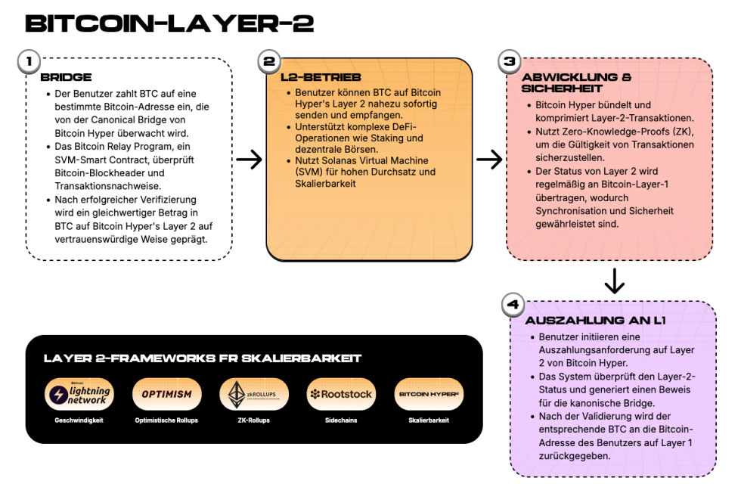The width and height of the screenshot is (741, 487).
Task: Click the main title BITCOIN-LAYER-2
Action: coord(169,23)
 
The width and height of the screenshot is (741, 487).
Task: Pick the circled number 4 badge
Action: coord(512,306)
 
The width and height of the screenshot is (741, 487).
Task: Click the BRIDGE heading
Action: coord(66,77)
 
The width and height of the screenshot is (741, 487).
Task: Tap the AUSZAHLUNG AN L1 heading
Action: coord(595,321)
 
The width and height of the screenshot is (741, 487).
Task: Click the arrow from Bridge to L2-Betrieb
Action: coord(249,160)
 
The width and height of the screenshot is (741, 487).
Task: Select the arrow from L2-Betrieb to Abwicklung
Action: coord(489,160)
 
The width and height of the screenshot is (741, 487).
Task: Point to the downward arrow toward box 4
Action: coord(614,281)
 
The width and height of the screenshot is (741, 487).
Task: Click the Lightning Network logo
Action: coord(79,394)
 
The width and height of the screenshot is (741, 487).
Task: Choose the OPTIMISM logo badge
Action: coord(167,394)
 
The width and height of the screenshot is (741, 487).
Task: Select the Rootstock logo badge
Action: coord(341,394)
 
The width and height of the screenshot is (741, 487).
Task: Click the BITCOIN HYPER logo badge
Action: coord(429,394)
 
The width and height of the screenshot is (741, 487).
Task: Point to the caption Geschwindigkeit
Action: coord(79,420)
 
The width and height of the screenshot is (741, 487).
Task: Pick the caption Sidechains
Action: coord(341,420)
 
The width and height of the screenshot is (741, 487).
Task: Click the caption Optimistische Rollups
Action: coord(167,420)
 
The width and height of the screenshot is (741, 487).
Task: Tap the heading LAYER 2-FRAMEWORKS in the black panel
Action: coord(202,358)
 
